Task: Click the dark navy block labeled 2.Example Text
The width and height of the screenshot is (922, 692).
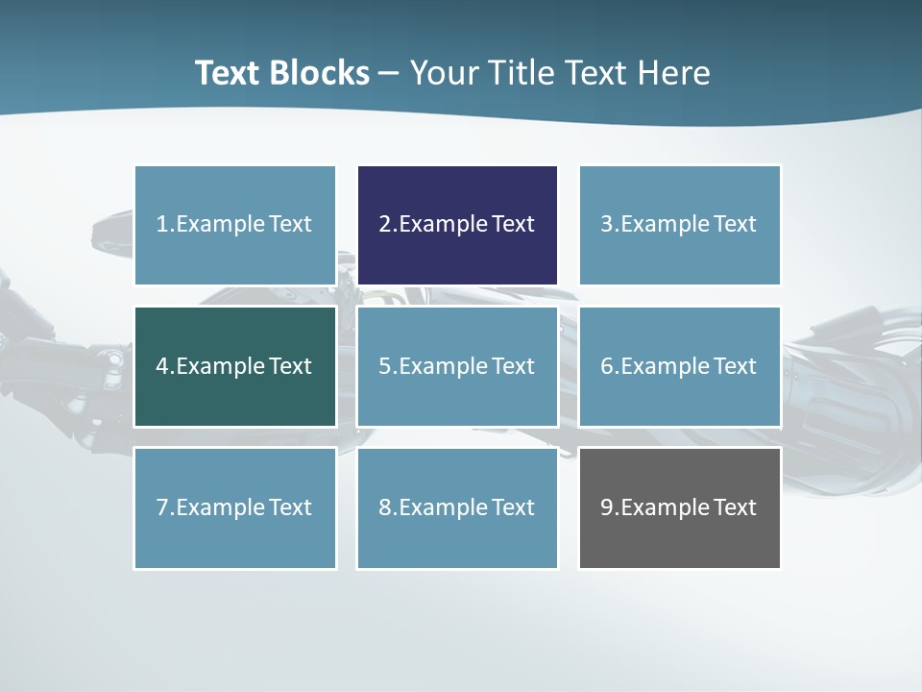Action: pyautogui.click(x=457, y=225)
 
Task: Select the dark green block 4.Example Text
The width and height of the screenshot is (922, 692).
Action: pyautogui.click(x=235, y=366)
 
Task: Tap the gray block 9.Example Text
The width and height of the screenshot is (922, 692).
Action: pyautogui.click(x=679, y=507)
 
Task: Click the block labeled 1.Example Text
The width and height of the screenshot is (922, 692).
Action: pyautogui.click(x=235, y=225)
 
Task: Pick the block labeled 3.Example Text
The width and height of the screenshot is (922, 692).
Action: pyautogui.click(x=679, y=225)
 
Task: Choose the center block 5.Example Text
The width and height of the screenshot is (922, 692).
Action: pyautogui.click(x=457, y=366)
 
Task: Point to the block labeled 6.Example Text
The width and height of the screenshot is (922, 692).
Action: pyautogui.click(x=679, y=366)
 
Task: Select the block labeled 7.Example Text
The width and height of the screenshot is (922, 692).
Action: pyautogui.click(x=235, y=507)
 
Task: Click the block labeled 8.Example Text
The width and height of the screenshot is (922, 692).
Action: pyautogui.click(x=457, y=507)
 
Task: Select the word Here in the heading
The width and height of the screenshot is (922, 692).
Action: pyautogui.click(x=677, y=73)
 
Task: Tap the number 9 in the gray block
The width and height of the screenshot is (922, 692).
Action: pyautogui.click(x=606, y=507)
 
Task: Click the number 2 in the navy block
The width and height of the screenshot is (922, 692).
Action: pyautogui.click(x=384, y=225)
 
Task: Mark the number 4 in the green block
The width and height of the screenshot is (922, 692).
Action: pyautogui.click(x=162, y=366)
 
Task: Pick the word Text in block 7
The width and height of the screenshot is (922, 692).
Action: pyautogui.click(x=291, y=507)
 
